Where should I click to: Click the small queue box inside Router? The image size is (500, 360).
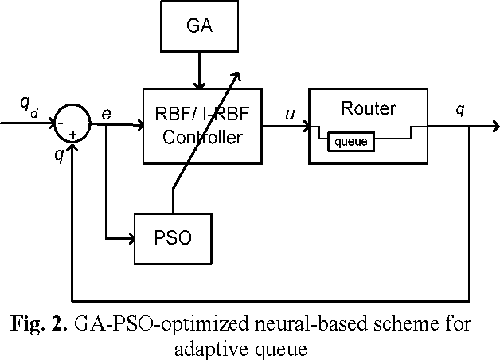click(x=351, y=143)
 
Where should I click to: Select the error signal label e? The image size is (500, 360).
click(x=106, y=115)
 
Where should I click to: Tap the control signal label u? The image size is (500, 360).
click(x=289, y=114)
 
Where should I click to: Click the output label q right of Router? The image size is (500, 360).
click(x=460, y=111)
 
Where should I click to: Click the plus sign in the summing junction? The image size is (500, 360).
click(x=72, y=135)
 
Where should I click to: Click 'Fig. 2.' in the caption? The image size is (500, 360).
click(x=40, y=324)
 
